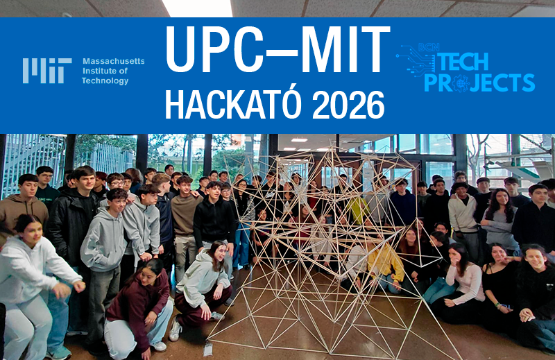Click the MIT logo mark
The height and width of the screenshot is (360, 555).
point(46,71)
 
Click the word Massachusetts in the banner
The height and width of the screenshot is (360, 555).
point(114,61)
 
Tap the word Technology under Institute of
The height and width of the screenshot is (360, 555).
point(105,81)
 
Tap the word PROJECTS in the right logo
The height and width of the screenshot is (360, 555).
point(479,83)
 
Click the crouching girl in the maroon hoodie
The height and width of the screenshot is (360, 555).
point(142,305)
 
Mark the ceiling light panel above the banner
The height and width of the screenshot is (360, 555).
point(197,8)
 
